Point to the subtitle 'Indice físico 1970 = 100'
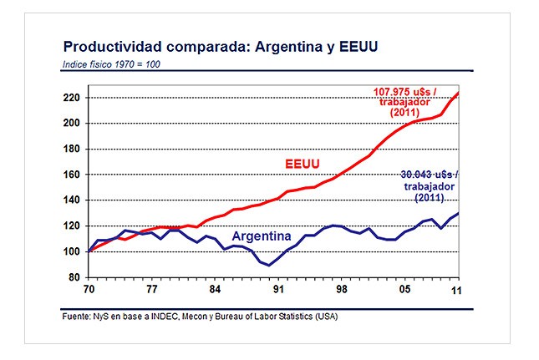click(112, 65)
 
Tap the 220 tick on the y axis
click(70, 98)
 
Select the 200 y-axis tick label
click(70, 124)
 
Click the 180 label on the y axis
click(70, 150)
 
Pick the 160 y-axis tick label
click(70, 175)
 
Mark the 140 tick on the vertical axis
click(70, 200)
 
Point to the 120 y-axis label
click(70, 226)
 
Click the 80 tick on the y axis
click(73, 277)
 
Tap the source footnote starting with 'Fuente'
click(201, 317)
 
